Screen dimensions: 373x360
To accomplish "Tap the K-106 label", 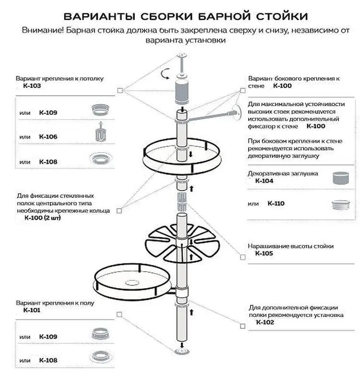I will pyautogui.click(x=48, y=137).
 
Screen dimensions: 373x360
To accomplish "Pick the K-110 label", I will pyautogui.click(x=276, y=204).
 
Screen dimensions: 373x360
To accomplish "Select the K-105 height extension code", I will pyautogui.click(x=264, y=253).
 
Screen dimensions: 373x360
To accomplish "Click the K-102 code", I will pyautogui.click(x=265, y=322).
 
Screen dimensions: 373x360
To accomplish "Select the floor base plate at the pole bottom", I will pyautogui.click(x=182, y=352).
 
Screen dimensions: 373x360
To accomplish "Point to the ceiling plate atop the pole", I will pyautogui.click(x=183, y=57).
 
